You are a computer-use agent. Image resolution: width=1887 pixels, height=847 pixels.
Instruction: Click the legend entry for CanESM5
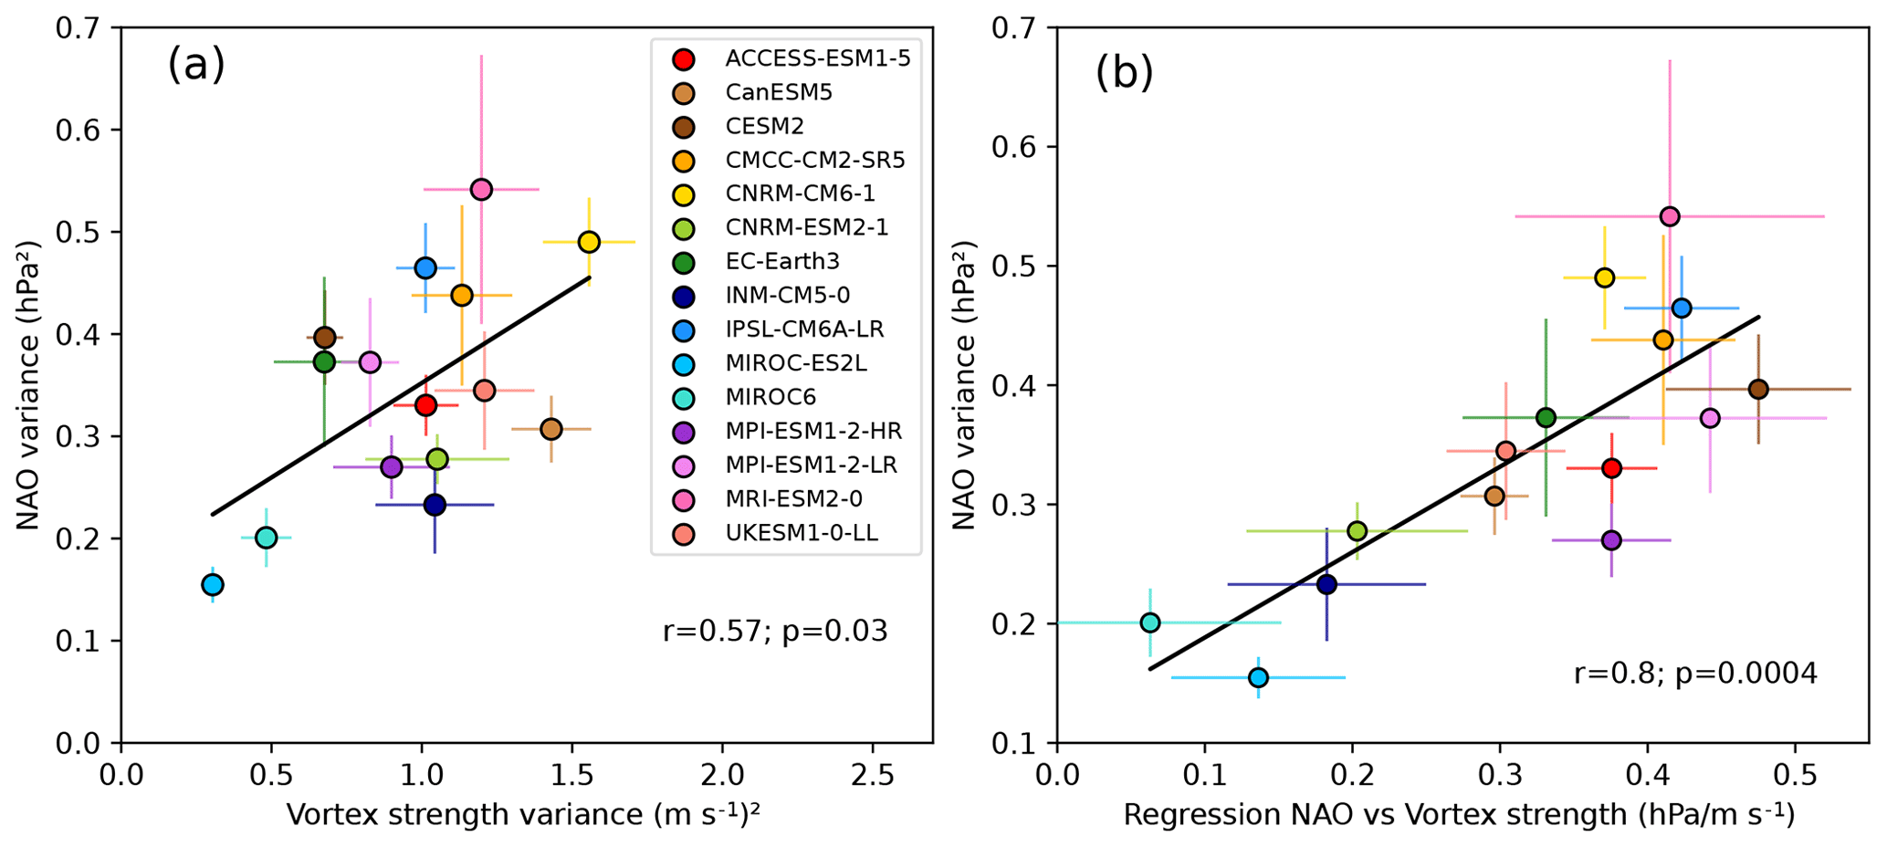pyautogui.click(x=779, y=92)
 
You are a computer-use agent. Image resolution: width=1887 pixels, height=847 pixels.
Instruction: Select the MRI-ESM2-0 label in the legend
pyautogui.click(x=793, y=498)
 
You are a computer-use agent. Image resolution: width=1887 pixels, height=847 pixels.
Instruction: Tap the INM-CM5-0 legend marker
pyautogui.click(x=683, y=296)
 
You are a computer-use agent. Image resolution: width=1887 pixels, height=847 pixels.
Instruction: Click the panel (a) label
pyautogui.click(x=196, y=66)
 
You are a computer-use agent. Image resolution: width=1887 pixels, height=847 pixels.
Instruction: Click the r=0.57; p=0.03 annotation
pyautogui.click(x=775, y=631)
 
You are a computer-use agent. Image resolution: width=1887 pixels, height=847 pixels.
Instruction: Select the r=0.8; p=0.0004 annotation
pyautogui.click(x=1695, y=674)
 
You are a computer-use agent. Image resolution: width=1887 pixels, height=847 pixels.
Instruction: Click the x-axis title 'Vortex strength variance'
pyautogui.click(x=523, y=814)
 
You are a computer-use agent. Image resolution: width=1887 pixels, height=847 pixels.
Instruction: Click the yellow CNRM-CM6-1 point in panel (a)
pyautogui.click(x=589, y=242)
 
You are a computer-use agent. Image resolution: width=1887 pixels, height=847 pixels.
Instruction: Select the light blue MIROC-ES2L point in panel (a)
pyautogui.click(x=213, y=584)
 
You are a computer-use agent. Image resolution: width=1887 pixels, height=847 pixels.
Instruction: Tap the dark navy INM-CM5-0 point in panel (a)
pyautogui.click(x=435, y=504)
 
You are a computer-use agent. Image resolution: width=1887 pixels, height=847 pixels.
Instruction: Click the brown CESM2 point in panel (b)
pyautogui.click(x=1758, y=389)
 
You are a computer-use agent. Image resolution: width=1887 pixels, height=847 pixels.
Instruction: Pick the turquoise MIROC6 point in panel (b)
pyautogui.click(x=1150, y=622)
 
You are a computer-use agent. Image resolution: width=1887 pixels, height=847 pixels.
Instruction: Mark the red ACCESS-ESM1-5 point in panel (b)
pyautogui.click(x=1611, y=468)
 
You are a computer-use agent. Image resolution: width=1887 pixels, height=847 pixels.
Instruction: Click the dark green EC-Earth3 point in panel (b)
pyautogui.click(x=1546, y=417)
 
